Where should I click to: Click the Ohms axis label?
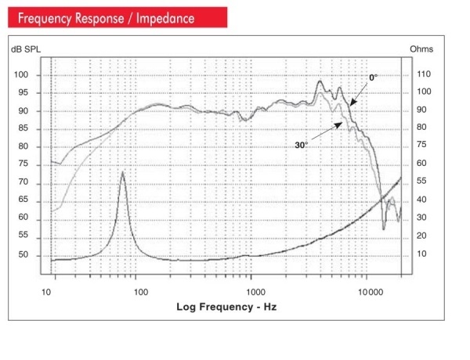(421, 49)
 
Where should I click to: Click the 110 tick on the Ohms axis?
(423, 74)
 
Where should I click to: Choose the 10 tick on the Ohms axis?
(421, 254)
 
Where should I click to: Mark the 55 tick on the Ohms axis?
(421, 182)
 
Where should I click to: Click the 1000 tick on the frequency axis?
(252, 291)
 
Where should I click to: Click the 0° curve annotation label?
(374, 78)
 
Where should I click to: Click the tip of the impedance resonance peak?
(122, 171)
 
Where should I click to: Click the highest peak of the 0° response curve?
(320, 81)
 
